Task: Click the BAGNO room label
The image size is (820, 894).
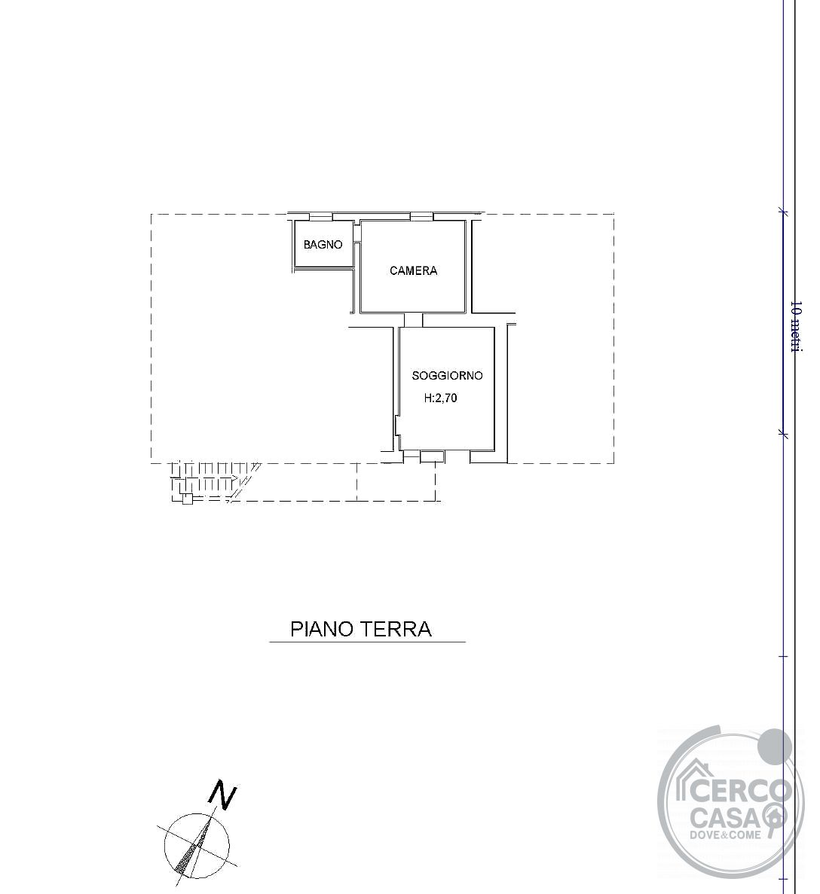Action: click(x=323, y=245)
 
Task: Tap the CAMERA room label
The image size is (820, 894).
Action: click(x=413, y=271)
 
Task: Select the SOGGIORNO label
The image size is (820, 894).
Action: click(x=448, y=375)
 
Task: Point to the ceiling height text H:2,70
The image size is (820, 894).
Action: click(x=441, y=398)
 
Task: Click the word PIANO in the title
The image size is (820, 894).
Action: click(x=322, y=629)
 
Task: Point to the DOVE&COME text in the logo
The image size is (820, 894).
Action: click(x=726, y=835)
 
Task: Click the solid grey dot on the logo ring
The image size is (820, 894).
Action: click(x=774, y=746)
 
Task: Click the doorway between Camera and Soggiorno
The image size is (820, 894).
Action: click(x=413, y=320)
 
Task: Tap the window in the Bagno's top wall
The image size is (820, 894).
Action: click(x=321, y=217)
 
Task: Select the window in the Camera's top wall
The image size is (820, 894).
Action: click(x=422, y=217)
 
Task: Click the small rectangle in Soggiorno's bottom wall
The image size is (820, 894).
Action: click(x=432, y=456)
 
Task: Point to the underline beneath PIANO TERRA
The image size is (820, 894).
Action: click(x=368, y=642)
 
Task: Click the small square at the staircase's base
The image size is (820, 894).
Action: click(x=187, y=499)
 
